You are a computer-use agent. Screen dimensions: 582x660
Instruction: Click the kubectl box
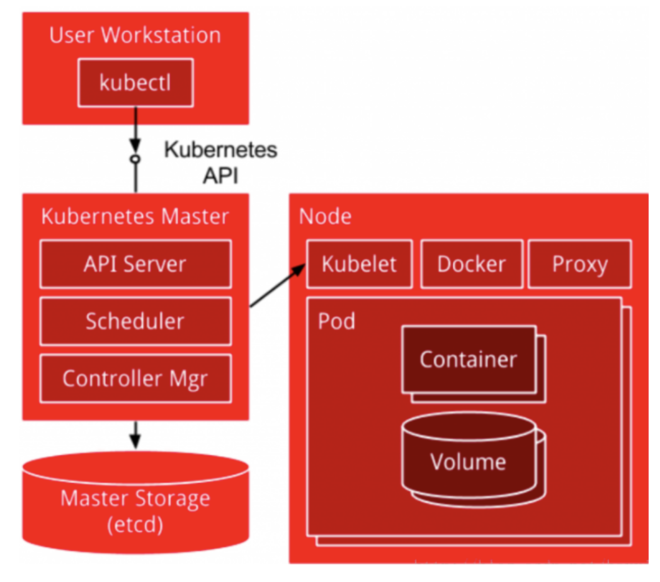[135, 83]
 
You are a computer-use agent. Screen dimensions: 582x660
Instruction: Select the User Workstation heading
[135, 35]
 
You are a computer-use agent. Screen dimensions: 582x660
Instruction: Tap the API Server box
[135, 263]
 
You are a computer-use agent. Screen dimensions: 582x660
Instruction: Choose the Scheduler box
[135, 321]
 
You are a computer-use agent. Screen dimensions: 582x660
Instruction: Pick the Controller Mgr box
[135, 379]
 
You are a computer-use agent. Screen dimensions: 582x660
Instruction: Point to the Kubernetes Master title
[135, 216]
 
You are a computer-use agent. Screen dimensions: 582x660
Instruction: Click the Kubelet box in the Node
[359, 263]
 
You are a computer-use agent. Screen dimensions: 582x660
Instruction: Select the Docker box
[471, 263]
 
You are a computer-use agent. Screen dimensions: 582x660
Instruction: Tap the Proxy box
[579, 263]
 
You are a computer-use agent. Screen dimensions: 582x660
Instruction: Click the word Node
[325, 216]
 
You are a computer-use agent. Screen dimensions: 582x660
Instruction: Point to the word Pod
[336, 321]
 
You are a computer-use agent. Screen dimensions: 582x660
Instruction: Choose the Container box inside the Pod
[468, 360]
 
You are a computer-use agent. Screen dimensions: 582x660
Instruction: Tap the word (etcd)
[135, 523]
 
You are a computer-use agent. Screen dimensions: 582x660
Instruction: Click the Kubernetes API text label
[220, 162]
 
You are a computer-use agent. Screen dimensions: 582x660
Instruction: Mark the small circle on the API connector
[135, 159]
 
